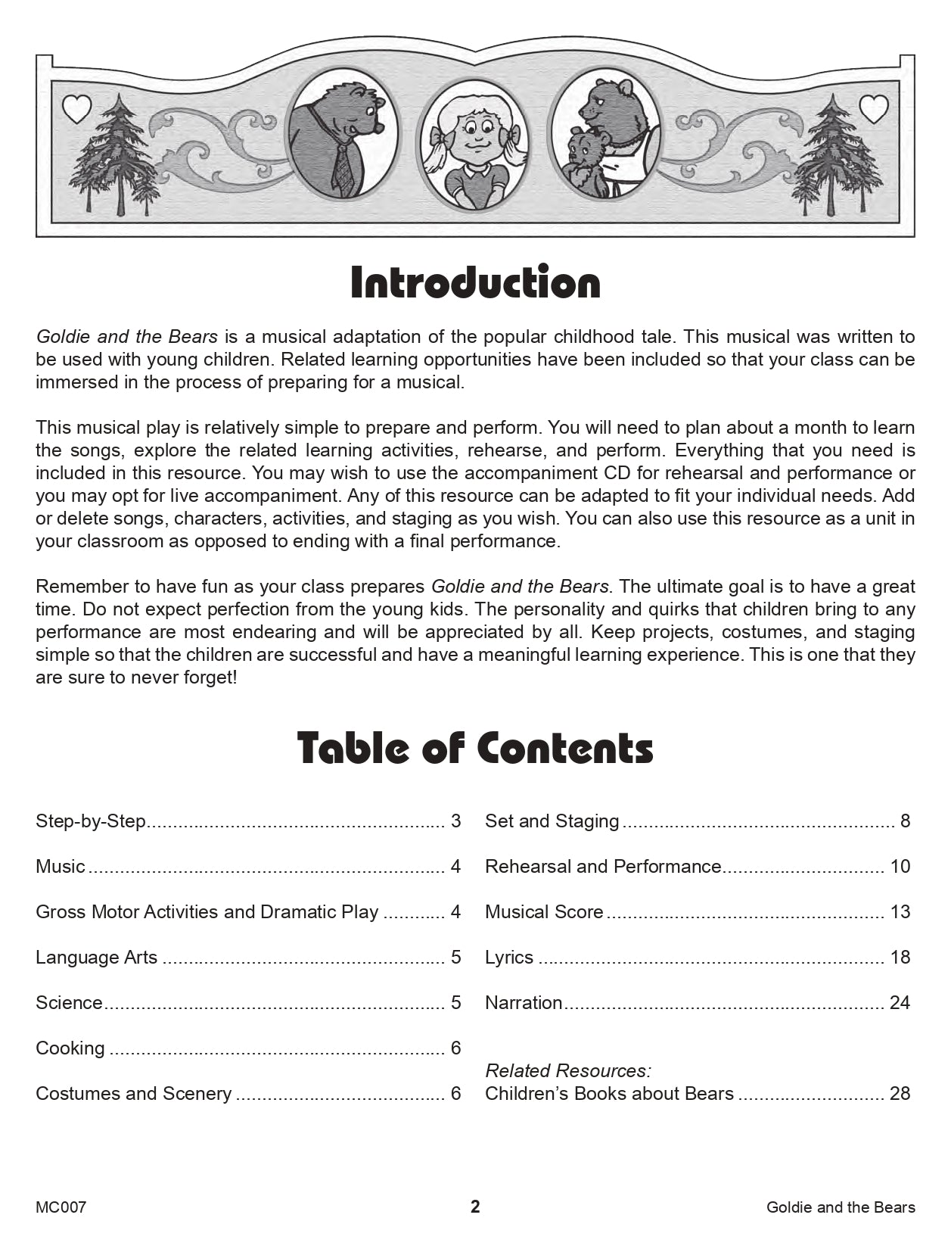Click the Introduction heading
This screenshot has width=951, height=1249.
pyautogui.click(x=475, y=282)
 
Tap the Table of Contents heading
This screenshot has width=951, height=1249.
pyautogui.click(x=475, y=748)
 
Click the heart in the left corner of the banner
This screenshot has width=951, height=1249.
pyautogui.click(x=76, y=109)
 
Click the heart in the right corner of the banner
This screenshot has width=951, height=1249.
pyautogui.click(x=874, y=109)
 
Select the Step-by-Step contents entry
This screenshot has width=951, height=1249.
pyautogui.click(x=91, y=821)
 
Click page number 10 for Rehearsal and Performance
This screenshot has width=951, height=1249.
pyautogui.click(x=900, y=867)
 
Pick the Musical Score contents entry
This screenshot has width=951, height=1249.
pyautogui.click(x=544, y=912)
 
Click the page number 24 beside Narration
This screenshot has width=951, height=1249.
pyautogui.click(x=900, y=1003)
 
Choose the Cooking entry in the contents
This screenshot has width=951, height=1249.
pyautogui.click(x=70, y=1048)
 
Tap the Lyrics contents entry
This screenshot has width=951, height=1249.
pyautogui.click(x=509, y=958)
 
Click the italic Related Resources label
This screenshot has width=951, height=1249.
pyautogui.click(x=567, y=1070)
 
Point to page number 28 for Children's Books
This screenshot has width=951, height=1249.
pyautogui.click(x=900, y=1094)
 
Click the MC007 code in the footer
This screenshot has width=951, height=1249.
pyautogui.click(x=61, y=1207)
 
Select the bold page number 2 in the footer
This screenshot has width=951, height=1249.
pyautogui.click(x=475, y=1207)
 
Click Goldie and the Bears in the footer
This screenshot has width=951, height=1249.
pyautogui.click(x=841, y=1207)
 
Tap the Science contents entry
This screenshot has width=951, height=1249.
pyautogui.click(x=69, y=1003)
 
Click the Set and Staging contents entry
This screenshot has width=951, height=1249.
pyautogui.click(x=552, y=821)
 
